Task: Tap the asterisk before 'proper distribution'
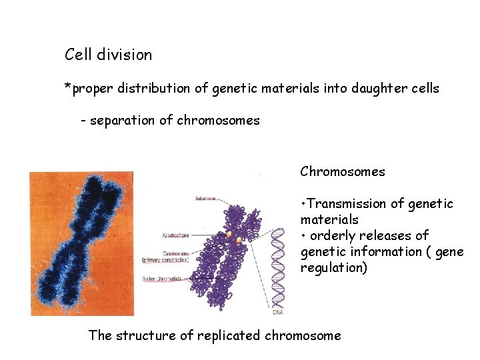(67, 87)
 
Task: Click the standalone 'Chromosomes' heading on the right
(343, 171)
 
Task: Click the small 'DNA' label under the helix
(278, 312)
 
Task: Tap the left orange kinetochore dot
(229, 235)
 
